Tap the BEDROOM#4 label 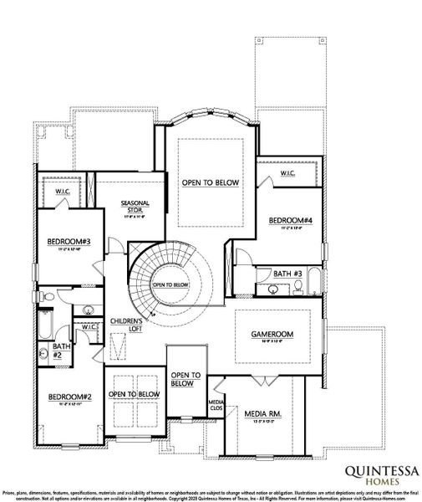click(x=290, y=220)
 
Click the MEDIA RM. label click(x=262, y=413)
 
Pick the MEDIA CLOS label click(x=215, y=407)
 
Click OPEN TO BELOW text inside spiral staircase click(x=170, y=284)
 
